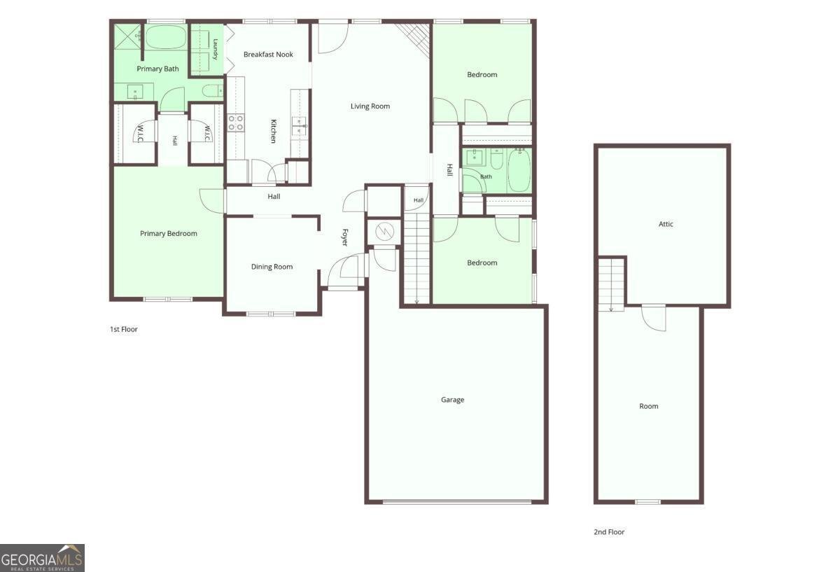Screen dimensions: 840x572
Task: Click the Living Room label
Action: [370, 106]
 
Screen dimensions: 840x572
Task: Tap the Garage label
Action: [452, 400]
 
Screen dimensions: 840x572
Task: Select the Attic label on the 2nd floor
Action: [666, 224]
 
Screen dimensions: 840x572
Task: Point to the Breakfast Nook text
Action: [268, 55]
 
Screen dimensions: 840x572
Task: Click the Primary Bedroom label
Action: [169, 233]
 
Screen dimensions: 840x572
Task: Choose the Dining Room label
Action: [272, 267]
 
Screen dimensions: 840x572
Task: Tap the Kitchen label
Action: [274, 131]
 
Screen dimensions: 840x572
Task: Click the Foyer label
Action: [345, 237]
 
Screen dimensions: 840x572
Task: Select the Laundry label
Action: [216, 49]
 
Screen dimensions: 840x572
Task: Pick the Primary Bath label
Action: [157, 69]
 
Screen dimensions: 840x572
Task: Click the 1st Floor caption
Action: [124, 329]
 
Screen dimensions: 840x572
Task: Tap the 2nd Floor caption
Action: [609, 532]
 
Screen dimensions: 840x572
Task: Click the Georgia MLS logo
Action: [42, 558]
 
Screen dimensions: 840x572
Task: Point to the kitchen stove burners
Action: [236, 123]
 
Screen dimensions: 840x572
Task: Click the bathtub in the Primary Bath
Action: [166, 37]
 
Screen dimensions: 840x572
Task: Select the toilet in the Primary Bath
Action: [213, 91]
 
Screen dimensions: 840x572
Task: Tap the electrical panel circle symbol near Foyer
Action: [384, 230]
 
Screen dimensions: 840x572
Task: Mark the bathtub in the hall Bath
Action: [519, 171]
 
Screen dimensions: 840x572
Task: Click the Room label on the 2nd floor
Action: [648, 406]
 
